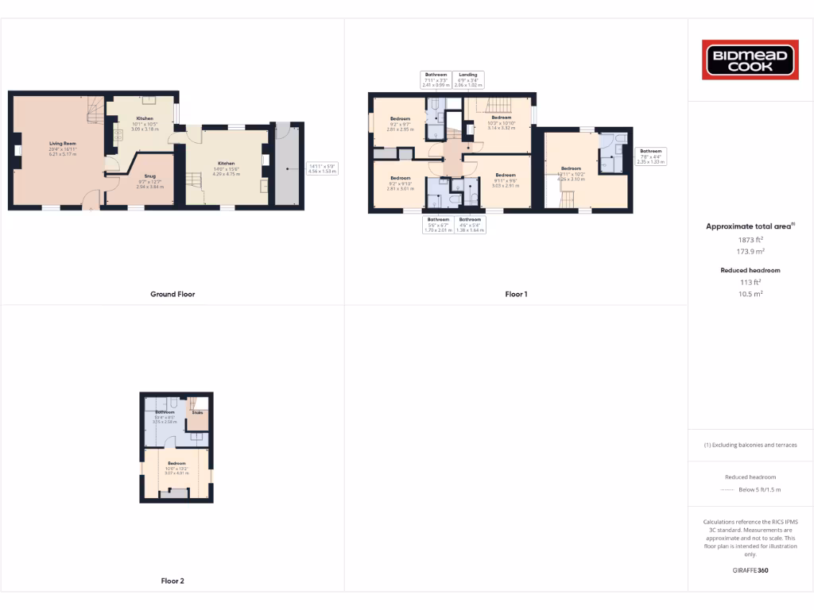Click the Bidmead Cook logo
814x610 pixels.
[x=750, y=60]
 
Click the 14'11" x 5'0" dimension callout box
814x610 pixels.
[x=323, y=168]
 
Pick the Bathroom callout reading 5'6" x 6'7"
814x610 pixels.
[x=438, y=224]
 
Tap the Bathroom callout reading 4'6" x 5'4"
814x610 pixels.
[x=469, y=224]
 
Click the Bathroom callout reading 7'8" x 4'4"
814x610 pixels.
[x=651, y=156]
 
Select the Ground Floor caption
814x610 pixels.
[x=172, y=294]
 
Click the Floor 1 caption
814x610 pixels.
[x=516, y=294]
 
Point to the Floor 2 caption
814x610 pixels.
[x=172, y=581]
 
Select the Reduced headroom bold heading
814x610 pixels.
[x=750, y=270]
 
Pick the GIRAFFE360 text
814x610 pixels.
[x=750, y=570]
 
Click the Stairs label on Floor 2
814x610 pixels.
[x=198, y=413]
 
